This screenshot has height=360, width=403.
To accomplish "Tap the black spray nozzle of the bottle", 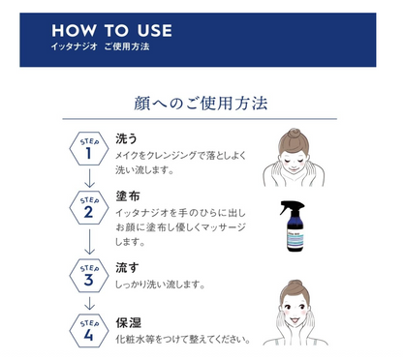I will (x=291, y=206).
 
